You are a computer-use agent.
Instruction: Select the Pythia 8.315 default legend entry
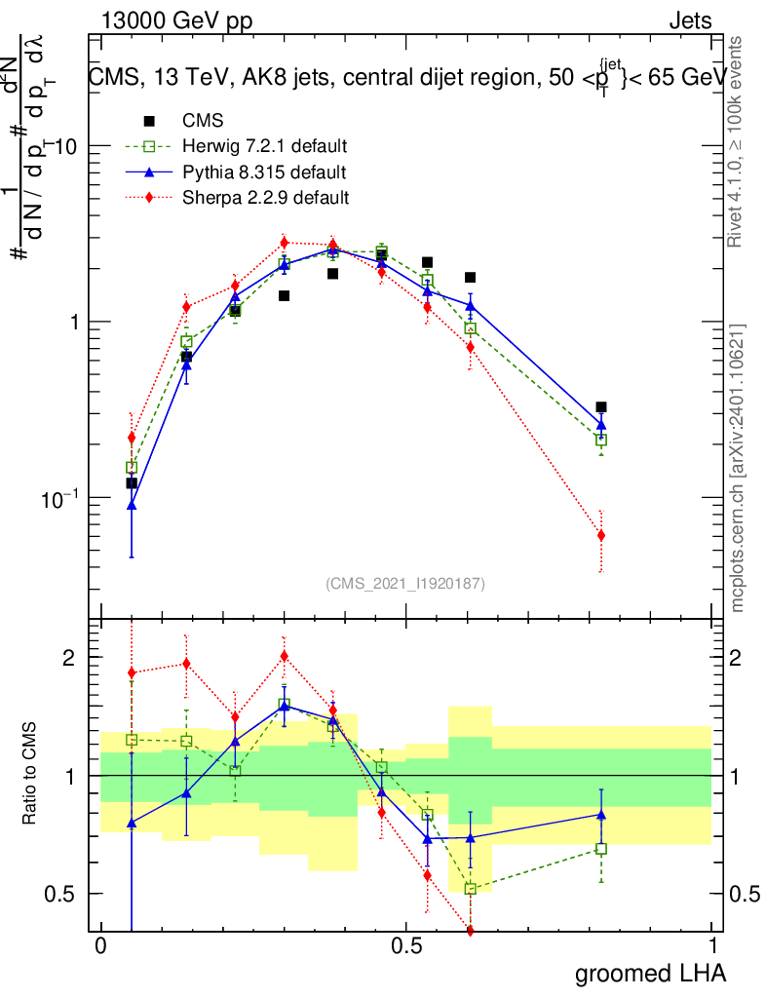click(x=263, y=173)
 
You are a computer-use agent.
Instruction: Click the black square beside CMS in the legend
click(x=149, y=121)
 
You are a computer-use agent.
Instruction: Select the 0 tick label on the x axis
click(x=100, y=946)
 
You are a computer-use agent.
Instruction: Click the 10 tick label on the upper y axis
click(x=65, y=146)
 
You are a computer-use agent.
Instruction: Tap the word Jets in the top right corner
click(x=689, y=21)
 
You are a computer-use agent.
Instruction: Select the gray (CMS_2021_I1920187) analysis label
click(x=405, y=583)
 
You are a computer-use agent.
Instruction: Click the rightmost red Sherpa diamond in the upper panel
click(x=601, y=535)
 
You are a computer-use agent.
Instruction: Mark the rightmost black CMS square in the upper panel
click(x=601, y=407)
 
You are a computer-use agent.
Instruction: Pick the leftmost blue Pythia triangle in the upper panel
click(x=132, y=505)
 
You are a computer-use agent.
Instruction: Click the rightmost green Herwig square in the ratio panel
click(x=601, y=849)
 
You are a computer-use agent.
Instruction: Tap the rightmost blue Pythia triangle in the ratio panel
click(x=601, y=814)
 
